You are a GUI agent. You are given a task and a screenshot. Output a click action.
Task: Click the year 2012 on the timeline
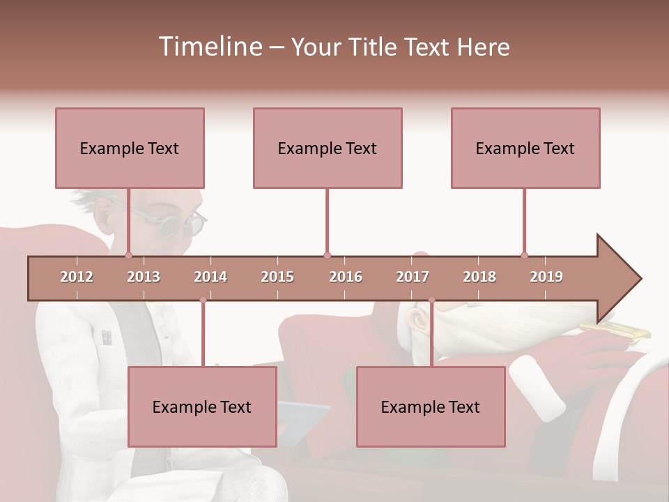tap(77, 277)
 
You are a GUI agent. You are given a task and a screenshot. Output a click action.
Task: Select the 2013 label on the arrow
tap(144, 277)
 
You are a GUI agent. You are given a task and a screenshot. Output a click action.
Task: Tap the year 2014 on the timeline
tap(210, 277)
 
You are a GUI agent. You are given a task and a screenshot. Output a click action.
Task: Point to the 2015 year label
tap(277, 277)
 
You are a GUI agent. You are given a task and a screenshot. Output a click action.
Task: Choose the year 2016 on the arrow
tap(346, 277)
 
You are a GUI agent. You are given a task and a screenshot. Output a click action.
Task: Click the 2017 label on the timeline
tap(413, 277)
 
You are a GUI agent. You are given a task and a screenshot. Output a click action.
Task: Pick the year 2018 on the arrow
tap(479, 277)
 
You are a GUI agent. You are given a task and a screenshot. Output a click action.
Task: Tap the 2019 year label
tap(546, 277)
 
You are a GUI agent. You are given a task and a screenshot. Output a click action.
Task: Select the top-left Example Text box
tap(130, 148)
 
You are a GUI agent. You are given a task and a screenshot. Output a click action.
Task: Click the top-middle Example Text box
tap(328, 148)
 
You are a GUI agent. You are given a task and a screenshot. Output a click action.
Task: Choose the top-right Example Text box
tap(525, 148)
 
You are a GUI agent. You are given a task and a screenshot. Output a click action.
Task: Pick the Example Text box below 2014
tap(202, 406)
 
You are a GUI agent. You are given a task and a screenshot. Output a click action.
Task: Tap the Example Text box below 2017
tap(431, 406)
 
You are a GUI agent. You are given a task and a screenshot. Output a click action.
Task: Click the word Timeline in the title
tap(209, 47)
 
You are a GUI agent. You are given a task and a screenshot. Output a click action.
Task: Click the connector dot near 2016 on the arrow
tap(327, 255)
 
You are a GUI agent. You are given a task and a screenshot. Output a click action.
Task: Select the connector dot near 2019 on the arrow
tap(524, 255)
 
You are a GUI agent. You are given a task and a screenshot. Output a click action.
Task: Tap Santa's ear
tap(417, 320)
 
